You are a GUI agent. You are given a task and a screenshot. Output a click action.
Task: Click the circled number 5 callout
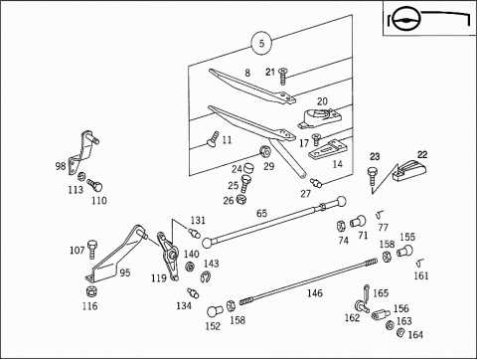coord(261,43)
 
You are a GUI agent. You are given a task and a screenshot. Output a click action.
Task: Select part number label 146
coord(315,293)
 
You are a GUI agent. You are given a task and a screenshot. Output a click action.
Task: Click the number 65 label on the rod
coord(261,213)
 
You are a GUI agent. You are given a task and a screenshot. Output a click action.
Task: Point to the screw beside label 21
coord(282,76)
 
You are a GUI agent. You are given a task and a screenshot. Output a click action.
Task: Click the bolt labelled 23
coord(372,176)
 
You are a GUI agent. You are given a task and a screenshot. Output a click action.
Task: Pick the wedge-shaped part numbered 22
coord(409,170)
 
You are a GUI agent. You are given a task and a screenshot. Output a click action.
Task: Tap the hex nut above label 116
coord(90,292)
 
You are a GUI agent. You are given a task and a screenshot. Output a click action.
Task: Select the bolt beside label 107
coord(91,250)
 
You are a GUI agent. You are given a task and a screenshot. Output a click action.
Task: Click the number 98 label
coord(61,166)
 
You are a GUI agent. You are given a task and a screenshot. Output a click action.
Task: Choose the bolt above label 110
coord(94,185)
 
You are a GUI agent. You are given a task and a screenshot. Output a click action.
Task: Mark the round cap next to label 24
coord(249,168)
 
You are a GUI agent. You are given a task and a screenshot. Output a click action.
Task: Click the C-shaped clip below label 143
coord(206,276)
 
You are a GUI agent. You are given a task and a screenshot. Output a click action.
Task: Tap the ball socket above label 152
coord(215,311)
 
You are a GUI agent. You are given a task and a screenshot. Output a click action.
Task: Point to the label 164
coord(415,335)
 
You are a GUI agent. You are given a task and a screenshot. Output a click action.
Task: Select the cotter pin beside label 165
coord(366,292)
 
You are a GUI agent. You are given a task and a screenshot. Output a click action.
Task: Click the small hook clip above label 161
coord(419,263)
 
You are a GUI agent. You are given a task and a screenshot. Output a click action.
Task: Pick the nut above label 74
coord(341,227)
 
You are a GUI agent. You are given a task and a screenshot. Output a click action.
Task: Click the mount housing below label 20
coord(318,118)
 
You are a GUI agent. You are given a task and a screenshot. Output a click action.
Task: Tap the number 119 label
coord(159,278)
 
